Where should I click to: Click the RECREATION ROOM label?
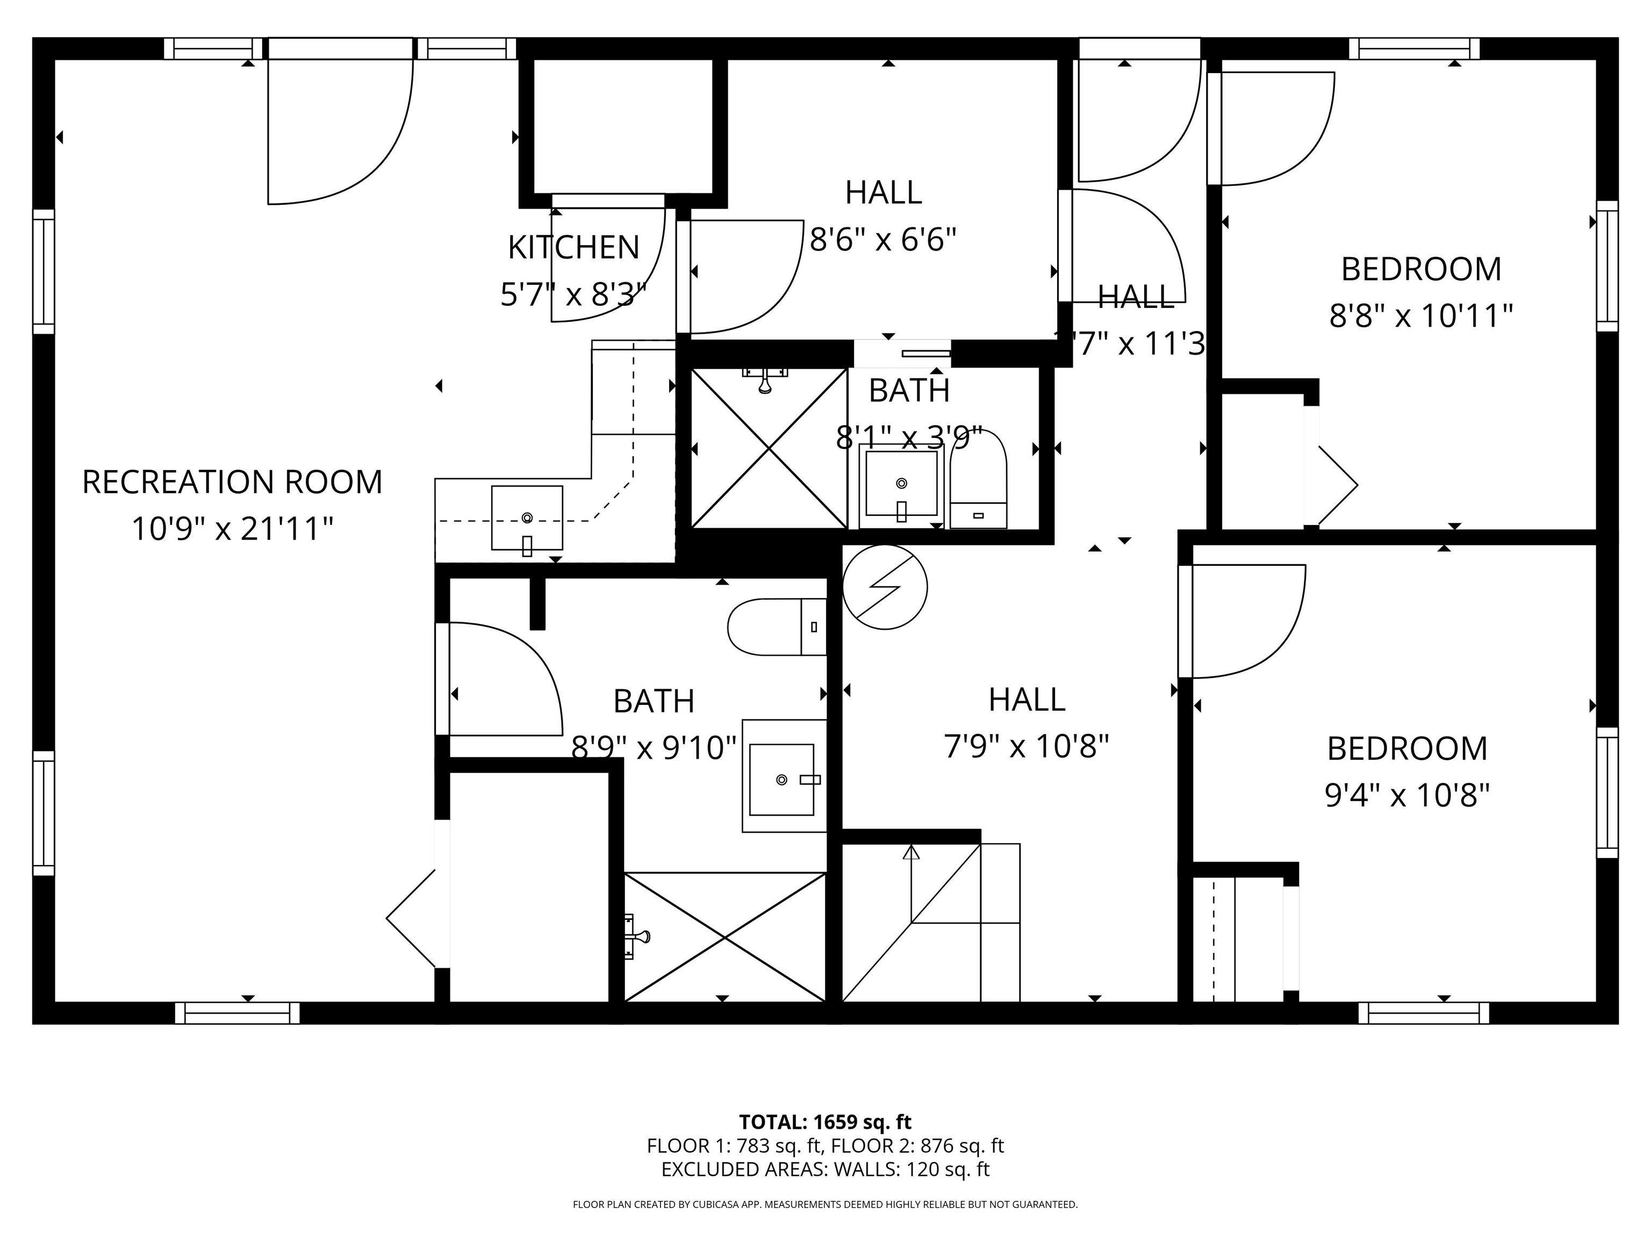click(x=232, y=482)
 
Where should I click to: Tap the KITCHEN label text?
click(x=573, y=248)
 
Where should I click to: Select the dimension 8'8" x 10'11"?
click(x=1420, y=316)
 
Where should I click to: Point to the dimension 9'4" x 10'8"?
click(x=1407, y=795)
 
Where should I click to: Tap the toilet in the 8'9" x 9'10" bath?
click(x=776, y=627)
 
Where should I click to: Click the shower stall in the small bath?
click(x=769, y=449)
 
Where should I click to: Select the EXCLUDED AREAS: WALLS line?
click(x=825, y=1169)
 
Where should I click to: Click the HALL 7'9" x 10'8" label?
click(x=1027, y=722)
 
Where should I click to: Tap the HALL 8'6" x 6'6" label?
click(x=883, y=217)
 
